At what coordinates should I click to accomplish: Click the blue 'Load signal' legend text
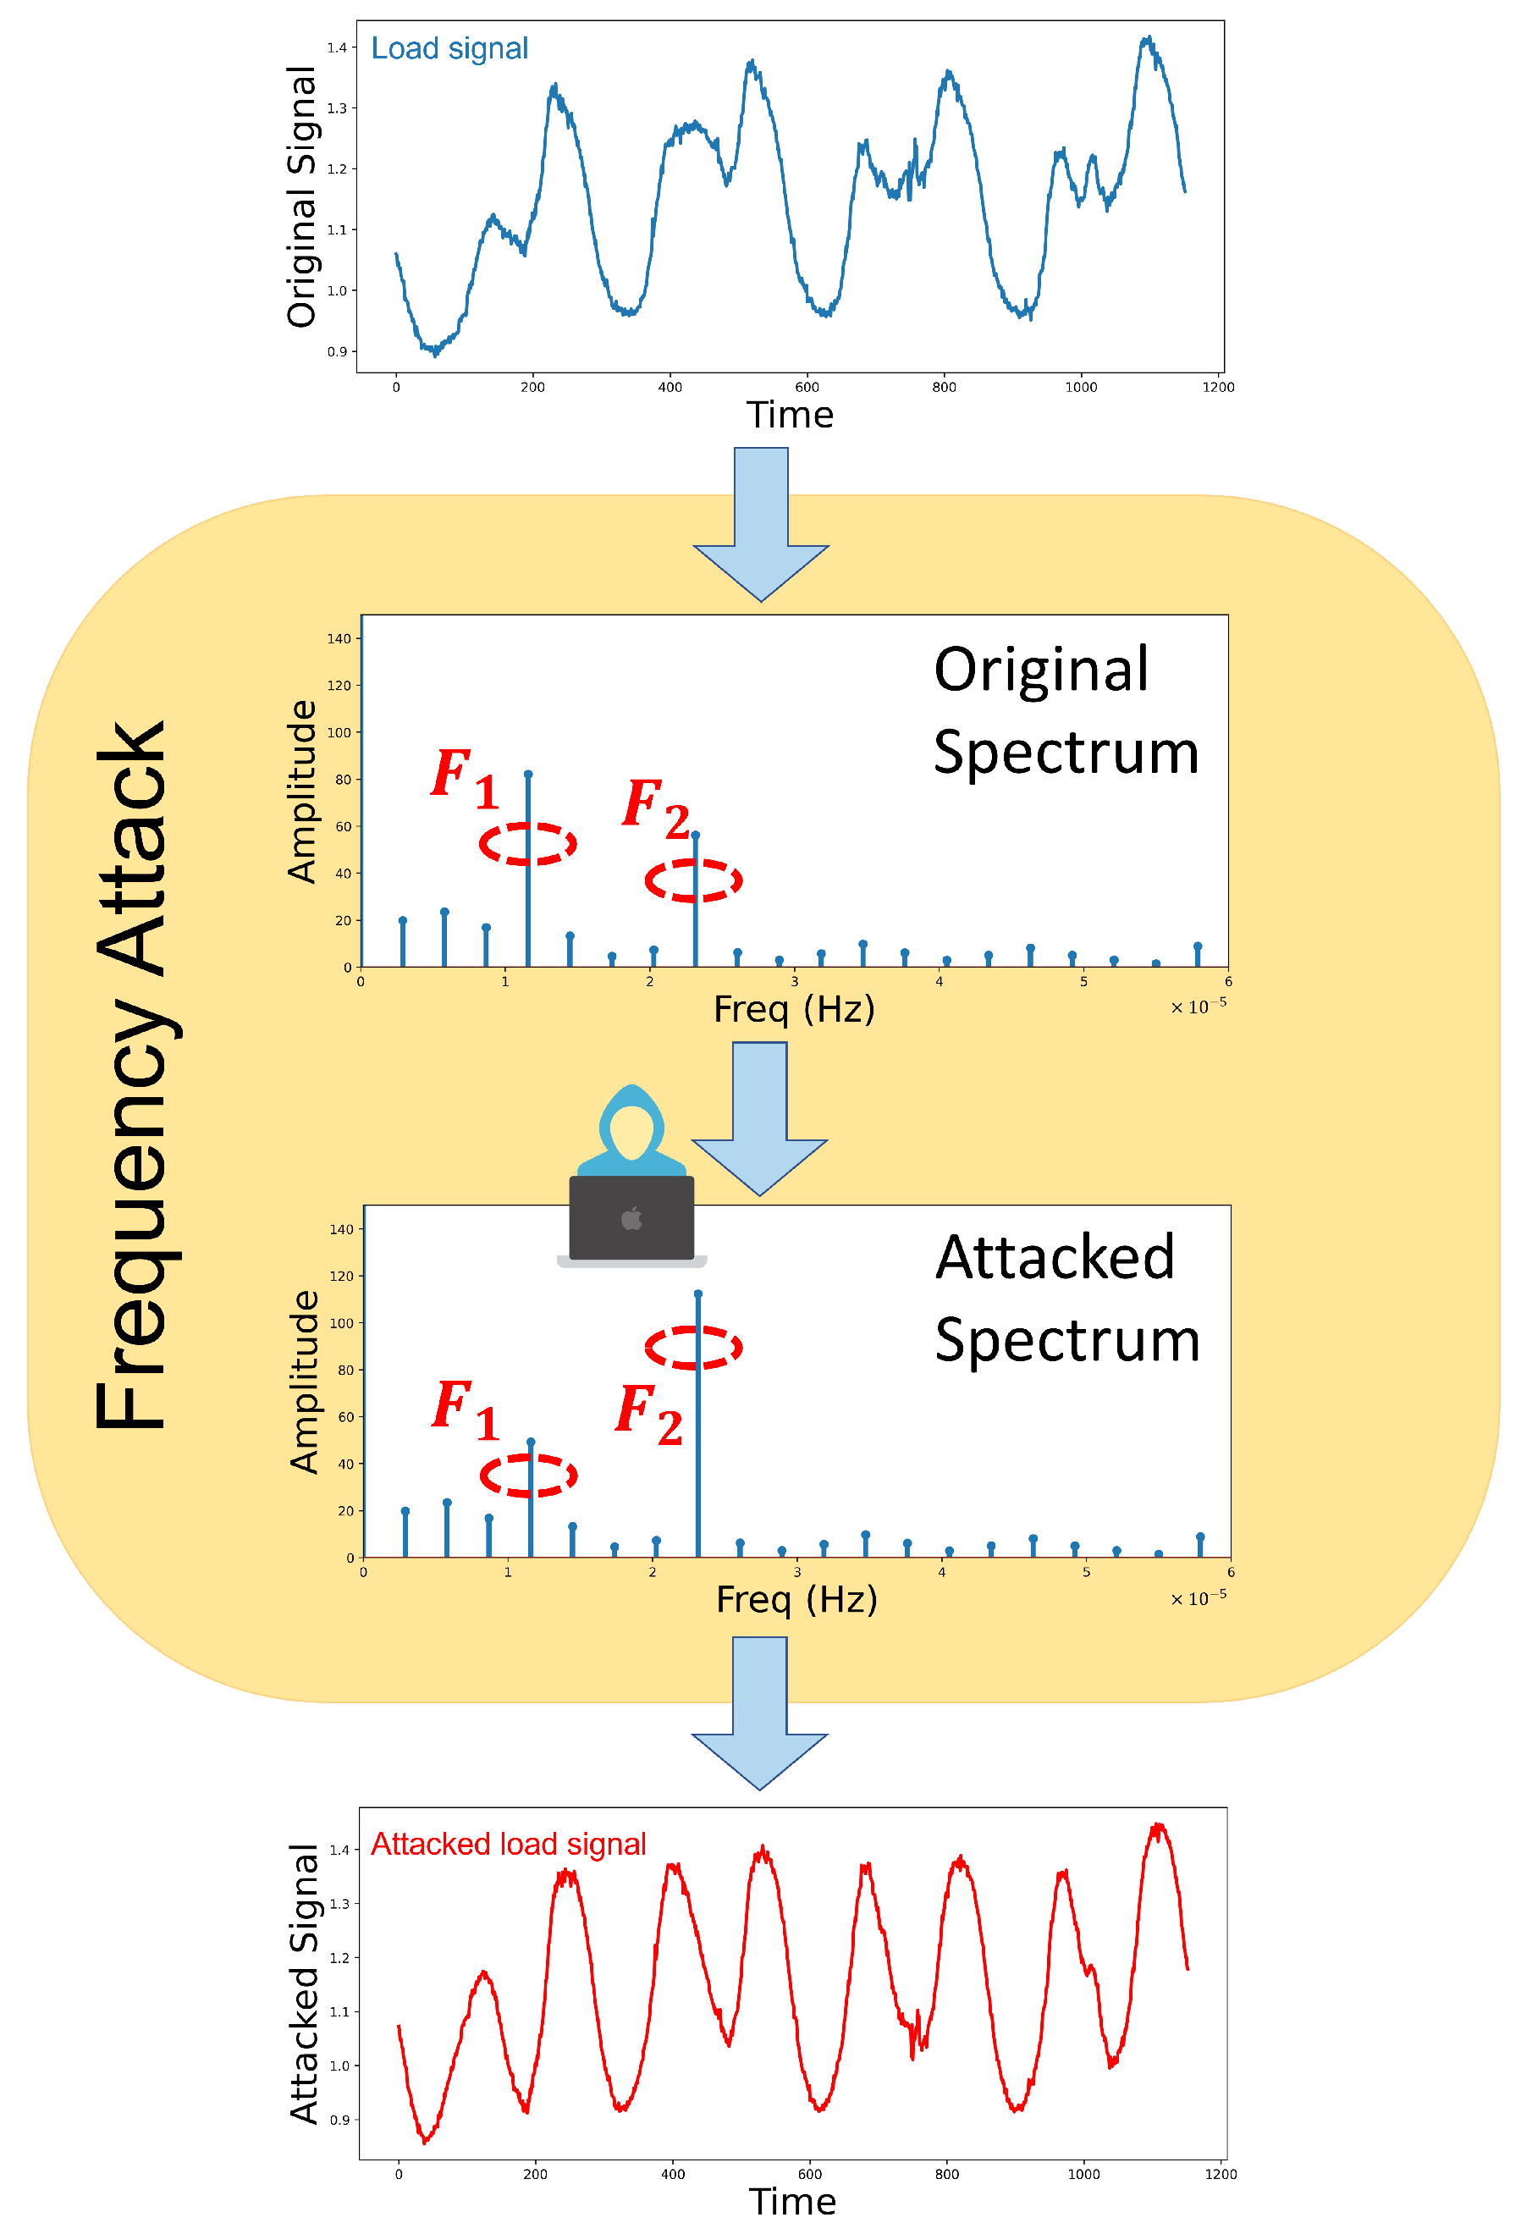pyautogui.click(x=449, y=49)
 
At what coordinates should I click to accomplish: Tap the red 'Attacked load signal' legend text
pyautogui.click(x=508, y=1844)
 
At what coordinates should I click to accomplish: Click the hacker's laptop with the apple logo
pyautogui.click(x=631, y=1219)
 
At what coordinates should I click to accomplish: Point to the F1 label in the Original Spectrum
pyautogui.click(x=464, y=779)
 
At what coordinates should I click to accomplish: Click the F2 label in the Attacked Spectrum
pyautogui.click(x=648, y=1416)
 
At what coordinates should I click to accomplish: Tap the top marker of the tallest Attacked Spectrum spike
pyautogui.click(x=697, y=1294)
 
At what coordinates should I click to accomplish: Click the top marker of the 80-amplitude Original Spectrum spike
pyautogui.click(x=527, y=774)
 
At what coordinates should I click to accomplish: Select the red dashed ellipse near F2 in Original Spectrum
pyautogui.click(x=693, y=880)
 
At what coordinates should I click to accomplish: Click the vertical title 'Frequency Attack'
pyautogui.click(x=132, y=1075)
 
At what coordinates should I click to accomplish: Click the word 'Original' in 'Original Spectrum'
pyautogui.click(x=1040, y=670)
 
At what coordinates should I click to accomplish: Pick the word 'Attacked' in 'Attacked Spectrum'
pyautogui.click(x=1055, y=1257)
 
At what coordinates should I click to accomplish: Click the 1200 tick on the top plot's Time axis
pyautogui.click(x=1218, y=388)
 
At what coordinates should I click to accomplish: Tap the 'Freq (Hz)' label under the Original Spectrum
pyautogui.click(x=794, y=1009)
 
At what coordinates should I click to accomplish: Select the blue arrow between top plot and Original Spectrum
pyautogui.click(x=760, y=524)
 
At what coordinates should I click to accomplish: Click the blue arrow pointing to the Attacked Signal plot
pyautogui.click(x=759, y=1712)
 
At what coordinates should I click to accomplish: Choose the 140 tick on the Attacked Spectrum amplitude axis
pyautogui.click(x=341, y=1229)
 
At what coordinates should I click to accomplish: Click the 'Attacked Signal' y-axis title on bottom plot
pyautogui.click(x=304, y=1983)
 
